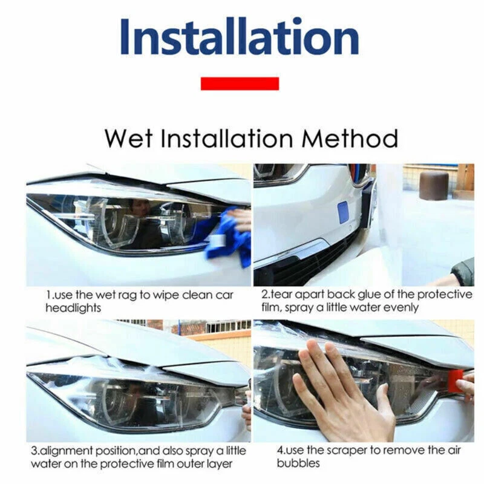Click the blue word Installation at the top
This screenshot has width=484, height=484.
(239, 38)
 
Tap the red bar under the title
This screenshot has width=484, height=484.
(240, 83)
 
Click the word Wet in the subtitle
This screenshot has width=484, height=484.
(128, 138)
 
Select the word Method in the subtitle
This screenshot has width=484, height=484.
(350, 138)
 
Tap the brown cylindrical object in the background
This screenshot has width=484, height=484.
(434, 185)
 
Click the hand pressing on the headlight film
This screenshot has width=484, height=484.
(339, 393)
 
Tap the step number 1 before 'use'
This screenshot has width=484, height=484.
(49, 295)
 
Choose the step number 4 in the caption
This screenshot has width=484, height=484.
(280, 451)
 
